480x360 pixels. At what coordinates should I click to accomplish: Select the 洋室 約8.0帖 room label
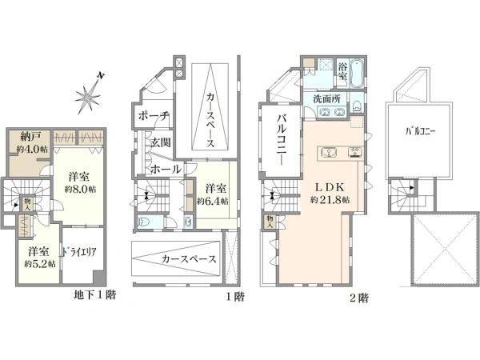(x=80, y=182)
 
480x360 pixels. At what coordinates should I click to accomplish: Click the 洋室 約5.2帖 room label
(x=39, y=257)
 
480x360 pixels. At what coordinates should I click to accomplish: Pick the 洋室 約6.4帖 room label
(x=213, y=194)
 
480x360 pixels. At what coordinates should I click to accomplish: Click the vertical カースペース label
(x=210, y=119)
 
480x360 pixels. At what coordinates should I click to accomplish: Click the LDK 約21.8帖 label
(x=328, y=194)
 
